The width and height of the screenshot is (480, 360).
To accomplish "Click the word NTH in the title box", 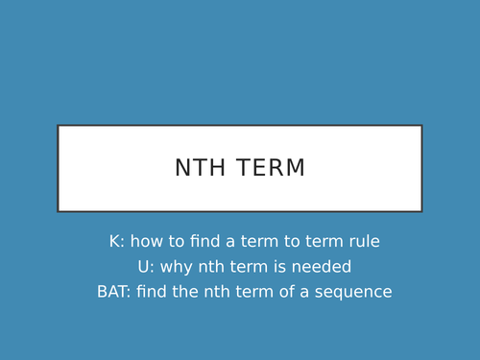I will [199, 168].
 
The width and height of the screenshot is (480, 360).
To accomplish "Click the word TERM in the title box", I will [268, 168].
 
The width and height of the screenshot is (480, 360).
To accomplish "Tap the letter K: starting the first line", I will [116, 242].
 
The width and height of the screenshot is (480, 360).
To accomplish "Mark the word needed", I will [324, 267].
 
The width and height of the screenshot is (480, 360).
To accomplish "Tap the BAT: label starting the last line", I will [113, 292].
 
